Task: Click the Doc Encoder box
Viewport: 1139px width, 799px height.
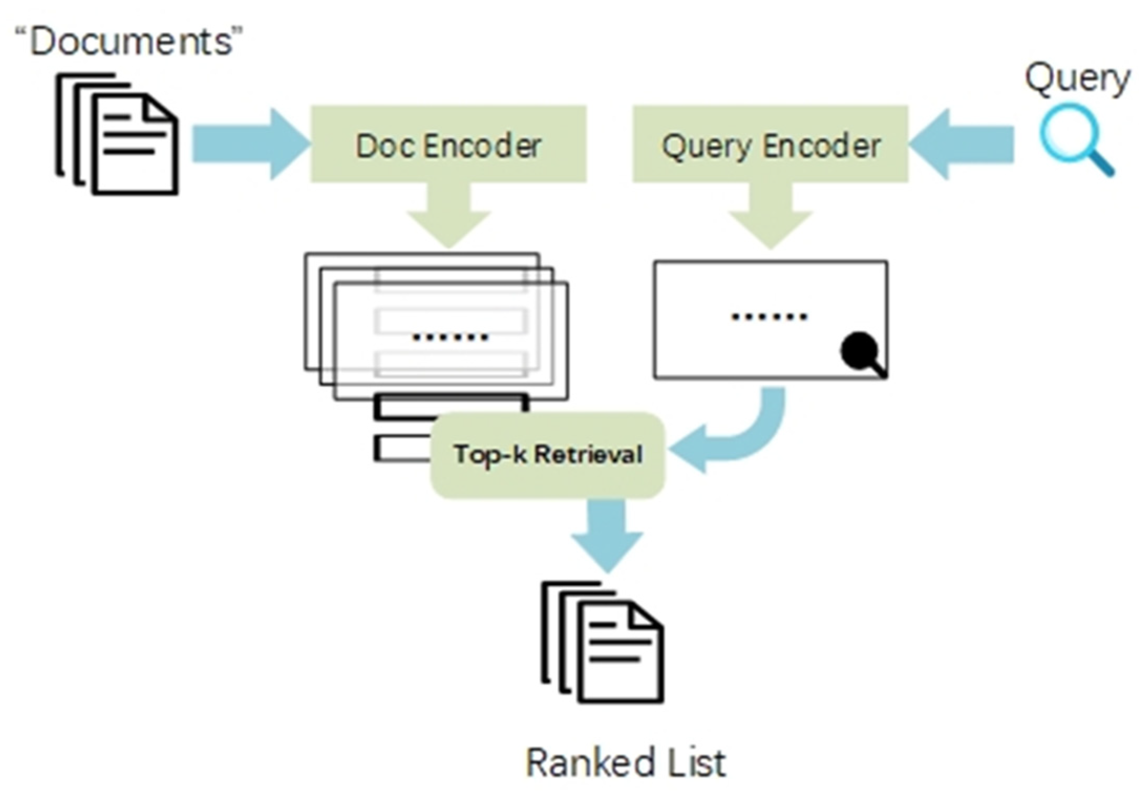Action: (x=448, y=144)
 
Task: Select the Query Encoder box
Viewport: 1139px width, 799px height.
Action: (x=770, y=144)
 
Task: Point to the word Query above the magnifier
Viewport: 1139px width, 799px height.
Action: (x=1077, y=79)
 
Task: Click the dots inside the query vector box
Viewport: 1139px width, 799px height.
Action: (x=770, y=317)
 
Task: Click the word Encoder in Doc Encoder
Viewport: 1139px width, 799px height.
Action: (x=483, y=145)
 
